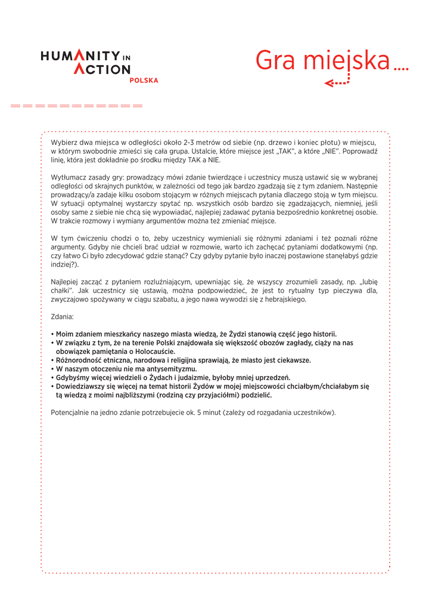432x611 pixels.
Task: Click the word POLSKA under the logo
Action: [x=144, y=81]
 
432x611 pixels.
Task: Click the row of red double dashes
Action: [x=77, y=106]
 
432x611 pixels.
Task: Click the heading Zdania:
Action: [x=63, y=317]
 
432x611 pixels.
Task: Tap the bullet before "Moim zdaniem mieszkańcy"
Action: [x=52, y=334]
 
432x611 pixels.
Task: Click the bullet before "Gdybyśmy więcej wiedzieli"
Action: [x=52, y=378]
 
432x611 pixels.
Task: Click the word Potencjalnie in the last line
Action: [x=72, y=412]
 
